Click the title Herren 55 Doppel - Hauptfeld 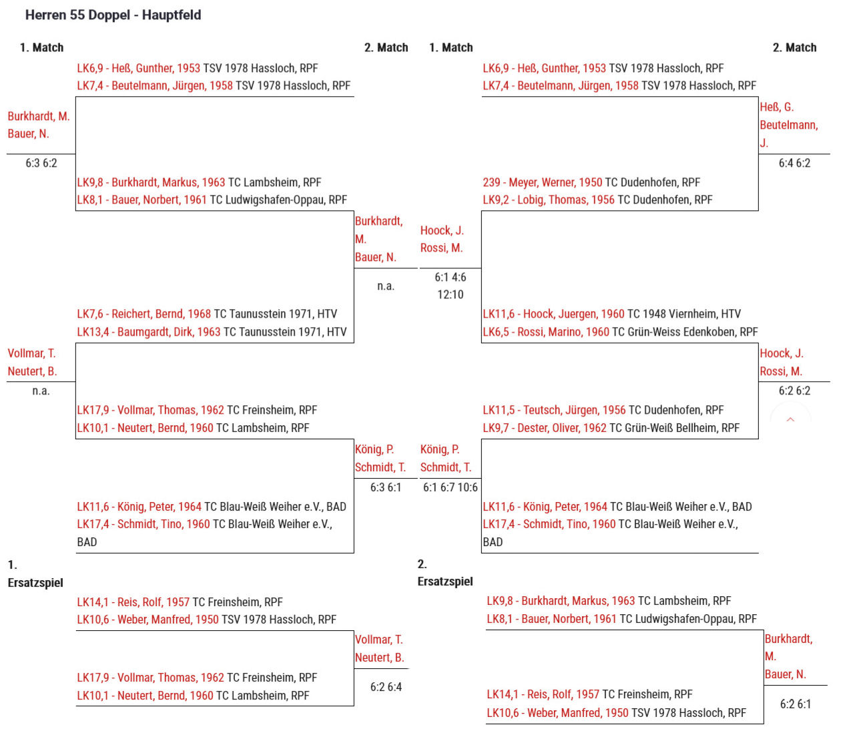point(113,15)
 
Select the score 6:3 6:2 point(41,163)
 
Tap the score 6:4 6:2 point(794,163)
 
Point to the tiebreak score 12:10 point(451,295)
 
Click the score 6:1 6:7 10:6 point(451,487)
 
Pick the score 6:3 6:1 point(386,487)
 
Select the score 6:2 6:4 point(386,686)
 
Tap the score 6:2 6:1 point(795,704)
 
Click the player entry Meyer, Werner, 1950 point(542,182)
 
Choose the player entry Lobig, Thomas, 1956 point(549,200)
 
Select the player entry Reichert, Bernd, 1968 point(144,314)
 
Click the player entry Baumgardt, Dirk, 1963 point(149,332)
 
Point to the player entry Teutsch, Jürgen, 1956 point(554,410)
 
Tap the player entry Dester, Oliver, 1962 point(545,428)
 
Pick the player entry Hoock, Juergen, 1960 point(553,314)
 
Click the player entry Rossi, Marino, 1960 point(546,332)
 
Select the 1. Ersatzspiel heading point(35,573)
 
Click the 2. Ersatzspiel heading point(445,573)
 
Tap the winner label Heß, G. point(776,107)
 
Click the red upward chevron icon point(790,419)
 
